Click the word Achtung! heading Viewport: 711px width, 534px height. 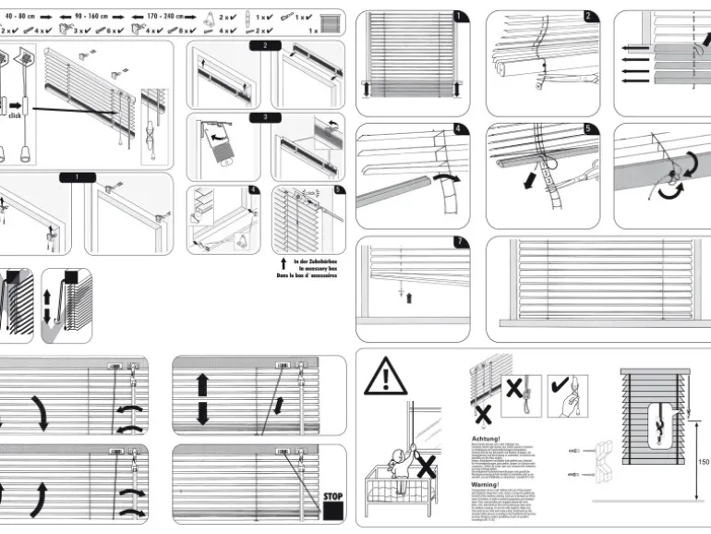pos(486,439)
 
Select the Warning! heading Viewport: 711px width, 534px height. pos(486,483)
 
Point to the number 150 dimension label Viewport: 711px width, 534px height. pos(705,462)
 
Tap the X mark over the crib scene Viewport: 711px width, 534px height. pos(427,467)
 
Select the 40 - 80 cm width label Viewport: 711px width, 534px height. pos(21,17)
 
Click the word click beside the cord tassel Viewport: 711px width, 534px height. pos(16,115)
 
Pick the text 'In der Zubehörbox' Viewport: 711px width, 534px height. pos(315,261)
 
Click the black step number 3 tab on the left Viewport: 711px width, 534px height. pos(265,117)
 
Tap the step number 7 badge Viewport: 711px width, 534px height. pos(461,243)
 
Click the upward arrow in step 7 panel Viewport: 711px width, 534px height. pos(408,297)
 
